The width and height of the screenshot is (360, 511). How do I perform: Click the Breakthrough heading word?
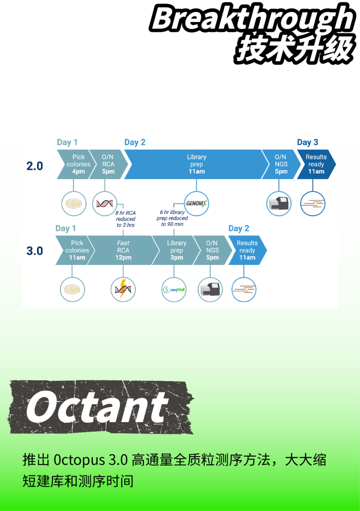tap(253, 18)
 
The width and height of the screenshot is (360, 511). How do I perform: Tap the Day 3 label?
tap(308, 142)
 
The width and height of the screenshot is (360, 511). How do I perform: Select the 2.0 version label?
tap(34, 166)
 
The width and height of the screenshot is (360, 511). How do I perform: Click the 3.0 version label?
tap(34, 251)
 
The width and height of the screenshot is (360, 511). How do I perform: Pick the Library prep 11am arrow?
tap(197, 164)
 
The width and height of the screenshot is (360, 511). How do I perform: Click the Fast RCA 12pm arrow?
tap(123, 251)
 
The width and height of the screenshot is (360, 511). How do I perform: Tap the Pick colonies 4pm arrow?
tap(76, 164)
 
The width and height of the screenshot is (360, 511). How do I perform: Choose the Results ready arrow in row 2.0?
tap(316, 164)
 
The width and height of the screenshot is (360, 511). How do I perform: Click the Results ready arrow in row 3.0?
tap(247, 251)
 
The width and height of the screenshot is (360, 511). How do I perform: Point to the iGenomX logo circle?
tap(196, 204)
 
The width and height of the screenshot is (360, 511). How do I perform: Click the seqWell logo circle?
tap(174, 289)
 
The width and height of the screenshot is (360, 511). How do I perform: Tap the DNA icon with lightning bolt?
tap(123, 289)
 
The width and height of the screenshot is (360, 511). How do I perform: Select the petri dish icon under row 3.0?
tap(72, 289)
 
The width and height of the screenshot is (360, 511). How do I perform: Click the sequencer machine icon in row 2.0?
tap(279, 204)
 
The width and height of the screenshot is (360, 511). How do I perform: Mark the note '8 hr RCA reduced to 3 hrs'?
tap(125, 219)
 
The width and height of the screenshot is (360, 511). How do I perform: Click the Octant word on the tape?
tap(96, 407)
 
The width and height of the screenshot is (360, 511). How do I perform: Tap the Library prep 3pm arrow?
tap(176, 251)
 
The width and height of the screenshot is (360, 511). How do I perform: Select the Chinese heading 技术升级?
tap(295, 49)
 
